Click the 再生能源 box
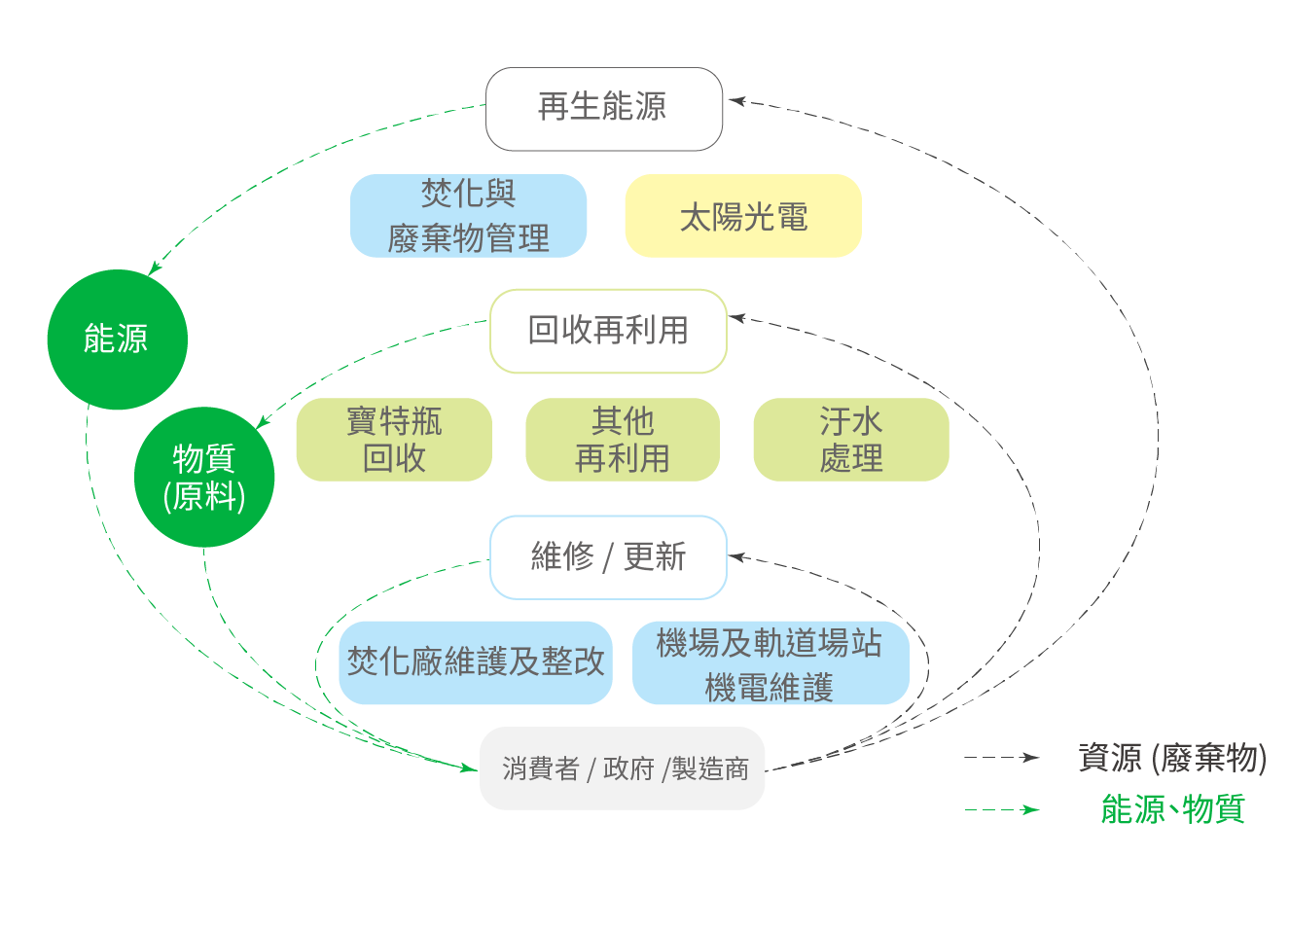603,109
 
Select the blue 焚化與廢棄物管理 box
468,216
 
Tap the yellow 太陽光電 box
742,216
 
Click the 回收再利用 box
608,331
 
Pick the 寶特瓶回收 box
394,440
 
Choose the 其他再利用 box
623,440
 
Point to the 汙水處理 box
851,440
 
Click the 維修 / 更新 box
608,557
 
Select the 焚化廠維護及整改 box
476,662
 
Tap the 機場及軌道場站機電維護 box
770,663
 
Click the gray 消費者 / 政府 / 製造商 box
623,768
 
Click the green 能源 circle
117,339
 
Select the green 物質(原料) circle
204,477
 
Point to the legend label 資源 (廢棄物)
1172,758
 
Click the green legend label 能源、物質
1172,809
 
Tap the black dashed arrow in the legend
1002,758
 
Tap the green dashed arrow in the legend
1002,809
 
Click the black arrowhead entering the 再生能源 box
736,100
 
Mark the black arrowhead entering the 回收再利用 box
736,317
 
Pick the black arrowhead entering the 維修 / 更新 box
736,556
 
